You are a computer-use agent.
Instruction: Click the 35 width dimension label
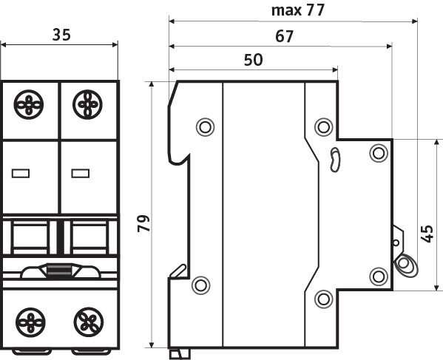pos(61,35)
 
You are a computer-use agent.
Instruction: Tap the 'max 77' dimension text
pos(298,10)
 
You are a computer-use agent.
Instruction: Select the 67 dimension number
pos(284,36)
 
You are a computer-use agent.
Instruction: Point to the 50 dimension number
pos(253,60)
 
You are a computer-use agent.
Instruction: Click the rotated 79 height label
pos(143,223)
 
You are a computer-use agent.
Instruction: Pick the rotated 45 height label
pos(427,234)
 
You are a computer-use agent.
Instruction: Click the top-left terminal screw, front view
pos(29,104)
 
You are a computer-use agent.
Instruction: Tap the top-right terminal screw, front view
pos(87,104)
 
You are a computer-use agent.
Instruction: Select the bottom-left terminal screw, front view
pos(30,322)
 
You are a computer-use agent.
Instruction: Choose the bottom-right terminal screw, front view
pos(89,322)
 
